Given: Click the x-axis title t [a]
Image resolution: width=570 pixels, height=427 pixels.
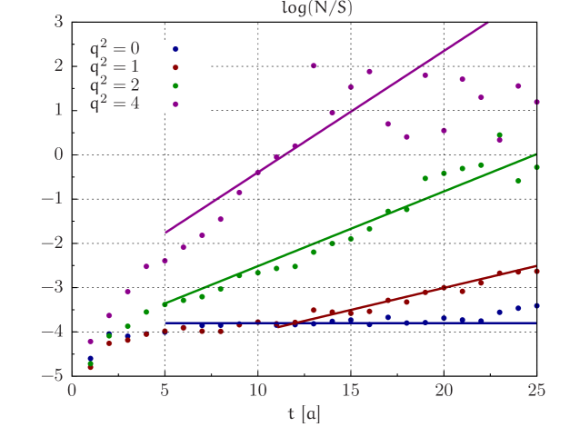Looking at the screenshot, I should pyautogui.click(x=304, y=414).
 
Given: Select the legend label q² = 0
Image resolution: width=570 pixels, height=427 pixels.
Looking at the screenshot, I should pyautogui.click(x=115, y=48).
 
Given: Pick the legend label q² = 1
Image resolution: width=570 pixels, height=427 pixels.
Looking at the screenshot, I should pyautogui.click(x=115, y=66).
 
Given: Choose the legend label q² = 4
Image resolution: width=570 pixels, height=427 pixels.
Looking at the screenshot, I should pyautogui.click(x=115, y=104).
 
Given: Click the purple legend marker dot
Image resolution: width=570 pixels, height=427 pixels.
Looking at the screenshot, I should pyautogui.click(x=175, y=104).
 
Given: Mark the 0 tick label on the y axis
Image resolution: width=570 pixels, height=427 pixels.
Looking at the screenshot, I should pyautogui.click(x=58, y=154).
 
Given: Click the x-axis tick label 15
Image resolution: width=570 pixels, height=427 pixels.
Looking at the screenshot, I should pyautogui.click(x=350, y=392).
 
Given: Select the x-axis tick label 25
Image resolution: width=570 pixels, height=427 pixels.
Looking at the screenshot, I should pyautogui.click(x=535, y=392).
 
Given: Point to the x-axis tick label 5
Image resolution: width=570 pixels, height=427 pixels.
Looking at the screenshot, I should pyautogui.click(x=165, y=392).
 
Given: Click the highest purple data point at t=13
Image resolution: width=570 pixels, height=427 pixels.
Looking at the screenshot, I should pyautogui.click(x=314, y=65).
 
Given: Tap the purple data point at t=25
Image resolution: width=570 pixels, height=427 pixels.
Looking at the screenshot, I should pyautogui.click(x=536, y=102).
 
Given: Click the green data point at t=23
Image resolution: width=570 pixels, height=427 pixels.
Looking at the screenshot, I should pyautogui.click(x=499, y=135).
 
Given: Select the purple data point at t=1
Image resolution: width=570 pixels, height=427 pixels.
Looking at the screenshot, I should pyautogui.click(x=91, y=342).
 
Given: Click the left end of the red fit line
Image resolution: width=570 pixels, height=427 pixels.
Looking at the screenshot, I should pyautogui.click(x=276, y=326).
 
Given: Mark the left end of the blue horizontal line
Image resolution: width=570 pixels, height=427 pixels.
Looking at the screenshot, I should pyautogui.click(x=165, y=323).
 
